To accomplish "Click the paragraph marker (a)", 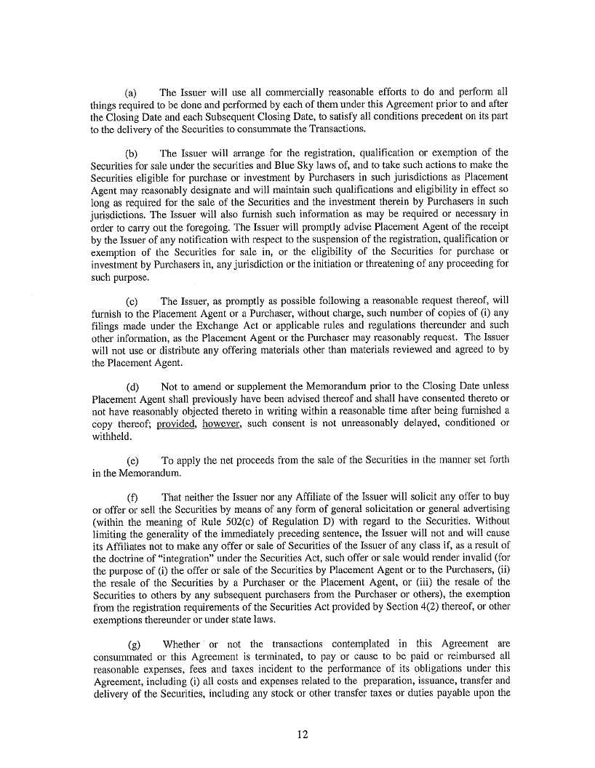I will coord(132,93).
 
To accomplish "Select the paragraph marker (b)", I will coord(132,153).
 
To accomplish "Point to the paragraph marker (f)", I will coord(132,498).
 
